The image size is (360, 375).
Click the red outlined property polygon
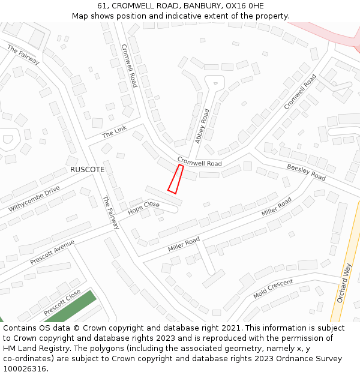(x=175, y=179)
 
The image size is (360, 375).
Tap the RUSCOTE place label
(x=87, y=170)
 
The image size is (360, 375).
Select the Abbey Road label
(x=202, y=125)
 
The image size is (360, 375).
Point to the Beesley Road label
(x=306, y=172)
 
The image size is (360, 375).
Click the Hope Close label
(x=143, y=208)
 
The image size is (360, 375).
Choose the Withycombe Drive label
(x=34, y=199)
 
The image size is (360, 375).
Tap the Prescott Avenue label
(x=52, y=252)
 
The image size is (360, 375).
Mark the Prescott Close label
(x=62, y=303)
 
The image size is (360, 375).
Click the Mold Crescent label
(x=273, y=288)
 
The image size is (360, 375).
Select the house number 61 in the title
(x=102, y=5)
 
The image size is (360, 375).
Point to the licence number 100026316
(x=25, y=369)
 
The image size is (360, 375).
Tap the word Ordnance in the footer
(x=284, y=359)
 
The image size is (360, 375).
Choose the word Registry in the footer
(x=65, y=349)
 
